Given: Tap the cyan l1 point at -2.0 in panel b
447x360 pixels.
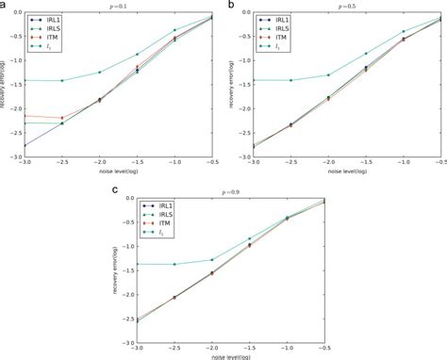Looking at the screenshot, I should click(328, 74).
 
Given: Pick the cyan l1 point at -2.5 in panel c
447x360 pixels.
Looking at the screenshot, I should click(175, 264).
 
